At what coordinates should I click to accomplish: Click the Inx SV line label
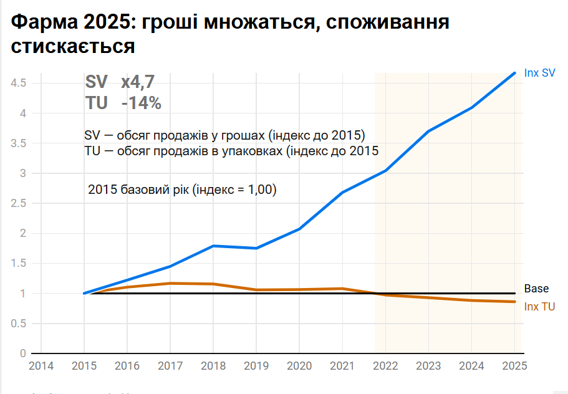coord(539,73)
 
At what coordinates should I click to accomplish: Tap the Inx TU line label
coord(539,307)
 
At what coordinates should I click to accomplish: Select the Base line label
coord(536,289)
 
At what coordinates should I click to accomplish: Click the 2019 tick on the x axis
coord(256,366)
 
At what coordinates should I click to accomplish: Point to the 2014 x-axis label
coord(41,366)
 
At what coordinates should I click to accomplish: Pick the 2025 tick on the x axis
coord(514,366)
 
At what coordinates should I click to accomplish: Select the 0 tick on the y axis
coord(23,353)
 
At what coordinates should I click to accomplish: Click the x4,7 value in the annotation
coord(138,82)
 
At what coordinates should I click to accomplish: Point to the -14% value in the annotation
coord(142,103)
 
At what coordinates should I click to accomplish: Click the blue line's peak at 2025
coord(514,73)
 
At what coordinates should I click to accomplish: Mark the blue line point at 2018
coord(213,246)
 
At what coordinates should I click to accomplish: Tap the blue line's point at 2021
coord(342,193)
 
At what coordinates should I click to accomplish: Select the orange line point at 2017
coord(170,283)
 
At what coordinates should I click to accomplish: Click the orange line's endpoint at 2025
coord(514,302)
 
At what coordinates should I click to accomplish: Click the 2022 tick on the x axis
coord(385,366)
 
